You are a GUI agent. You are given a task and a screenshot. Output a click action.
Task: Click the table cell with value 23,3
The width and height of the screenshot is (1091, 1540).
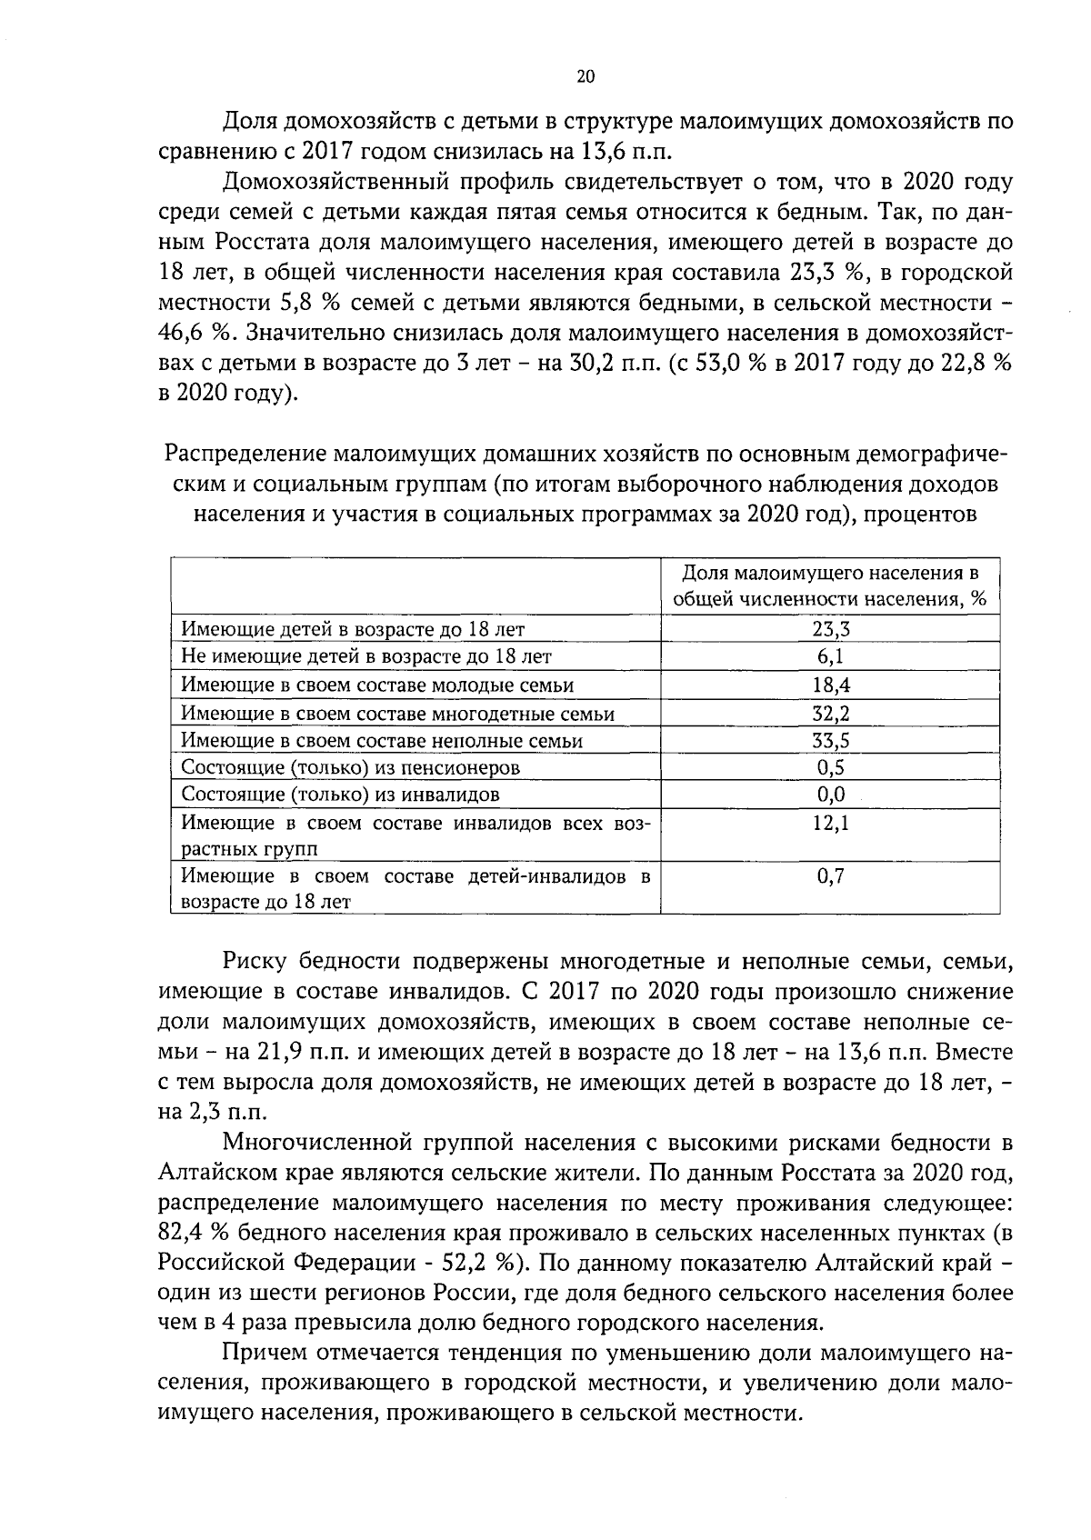[830, 628]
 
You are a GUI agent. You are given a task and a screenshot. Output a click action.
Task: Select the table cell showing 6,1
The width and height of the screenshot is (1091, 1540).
[830, 656]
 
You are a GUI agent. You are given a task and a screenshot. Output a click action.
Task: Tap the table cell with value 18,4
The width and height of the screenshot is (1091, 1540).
[830, 685]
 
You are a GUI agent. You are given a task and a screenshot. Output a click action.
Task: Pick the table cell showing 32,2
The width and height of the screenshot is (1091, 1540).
[830, 713]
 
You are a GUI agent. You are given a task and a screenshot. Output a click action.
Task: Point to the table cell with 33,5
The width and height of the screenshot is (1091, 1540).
[830, 740]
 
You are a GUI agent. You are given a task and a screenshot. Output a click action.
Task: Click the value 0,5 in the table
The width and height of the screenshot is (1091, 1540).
[830, 767]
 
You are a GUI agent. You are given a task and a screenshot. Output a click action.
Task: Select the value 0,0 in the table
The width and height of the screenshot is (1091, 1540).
[830, 795]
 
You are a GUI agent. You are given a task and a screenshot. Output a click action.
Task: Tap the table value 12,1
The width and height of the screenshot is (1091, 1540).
[830, 823]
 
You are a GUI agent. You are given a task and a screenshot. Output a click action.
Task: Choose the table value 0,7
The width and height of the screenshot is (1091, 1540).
[830, 876]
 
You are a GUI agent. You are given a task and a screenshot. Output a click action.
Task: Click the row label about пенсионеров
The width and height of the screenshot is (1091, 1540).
[351, 767]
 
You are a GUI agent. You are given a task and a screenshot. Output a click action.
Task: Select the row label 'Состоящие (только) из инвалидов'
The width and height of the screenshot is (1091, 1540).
[340, 795]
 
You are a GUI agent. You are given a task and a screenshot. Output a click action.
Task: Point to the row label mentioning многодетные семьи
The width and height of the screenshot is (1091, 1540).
[397, 713]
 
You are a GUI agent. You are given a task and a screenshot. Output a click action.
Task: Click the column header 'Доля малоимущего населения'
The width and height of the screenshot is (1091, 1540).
[829, 585]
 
